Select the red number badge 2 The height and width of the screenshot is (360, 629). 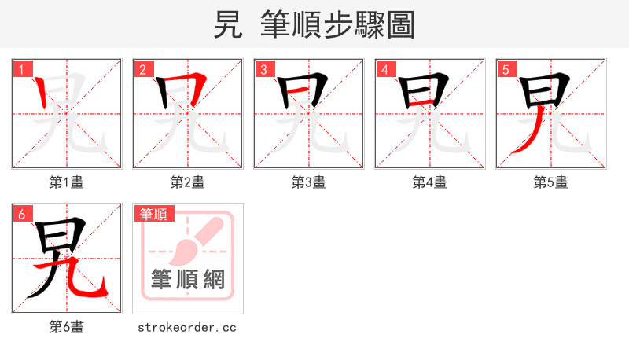pos(142,69)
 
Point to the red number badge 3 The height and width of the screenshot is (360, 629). pos(263,69)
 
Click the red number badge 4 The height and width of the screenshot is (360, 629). pos(384,69)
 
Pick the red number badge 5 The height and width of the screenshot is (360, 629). pos(506,69)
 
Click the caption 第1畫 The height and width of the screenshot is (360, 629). pos(67,182)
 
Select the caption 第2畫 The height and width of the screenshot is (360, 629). pos(188,182)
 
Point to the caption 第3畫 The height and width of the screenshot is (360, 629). pos(309,182)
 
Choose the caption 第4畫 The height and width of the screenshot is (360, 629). pos(430,182)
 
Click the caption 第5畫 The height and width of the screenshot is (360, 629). pos(551,182)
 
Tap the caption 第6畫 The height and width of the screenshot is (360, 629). pos(67,327)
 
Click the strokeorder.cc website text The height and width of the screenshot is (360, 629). pos(187,327)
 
